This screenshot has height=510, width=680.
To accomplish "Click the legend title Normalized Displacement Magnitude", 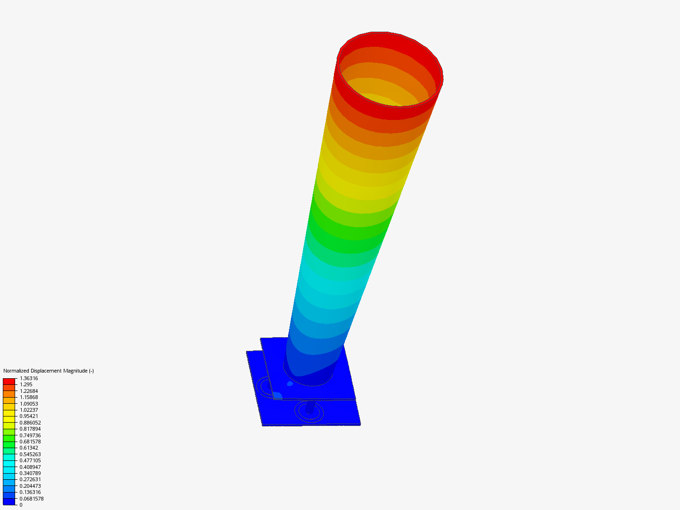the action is (48, 371).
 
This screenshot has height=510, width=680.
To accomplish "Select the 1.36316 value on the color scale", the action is (29, 378).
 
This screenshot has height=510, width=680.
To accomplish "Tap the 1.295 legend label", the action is (26, 384).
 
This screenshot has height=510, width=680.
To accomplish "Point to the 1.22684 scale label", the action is (29, 391).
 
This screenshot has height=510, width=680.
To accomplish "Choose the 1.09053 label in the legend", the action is (29, 403).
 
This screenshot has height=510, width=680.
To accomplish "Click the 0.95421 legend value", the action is (29, 416).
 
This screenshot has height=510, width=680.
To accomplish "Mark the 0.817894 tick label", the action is (30, 429).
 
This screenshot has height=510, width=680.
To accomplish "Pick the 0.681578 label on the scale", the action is (30, 442).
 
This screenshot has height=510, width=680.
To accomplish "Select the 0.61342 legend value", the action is (29, 448).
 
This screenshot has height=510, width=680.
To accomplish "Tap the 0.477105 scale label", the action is (30, 460).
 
